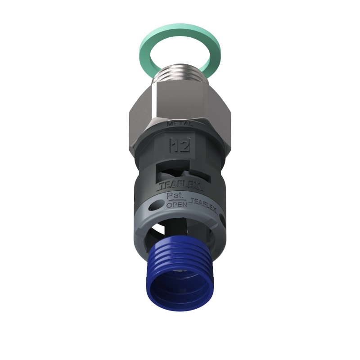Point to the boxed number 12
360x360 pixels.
point(180,145)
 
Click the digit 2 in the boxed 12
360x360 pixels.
point(184,145)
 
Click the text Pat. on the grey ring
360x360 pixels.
point(174,197)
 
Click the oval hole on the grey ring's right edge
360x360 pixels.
point(220,216)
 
